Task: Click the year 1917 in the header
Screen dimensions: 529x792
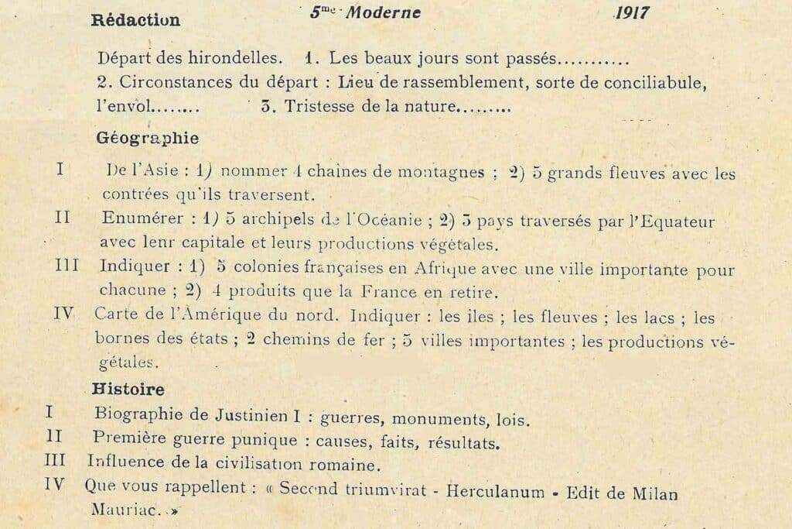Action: coord(632,12)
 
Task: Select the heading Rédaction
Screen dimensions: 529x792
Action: coord(135,21)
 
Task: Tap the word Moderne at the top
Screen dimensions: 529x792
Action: coord(384,12)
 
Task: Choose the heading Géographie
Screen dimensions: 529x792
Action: coord(147,139)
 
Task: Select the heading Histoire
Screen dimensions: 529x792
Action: coord(128,389)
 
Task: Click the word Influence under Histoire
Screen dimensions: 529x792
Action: coord(126,464)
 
